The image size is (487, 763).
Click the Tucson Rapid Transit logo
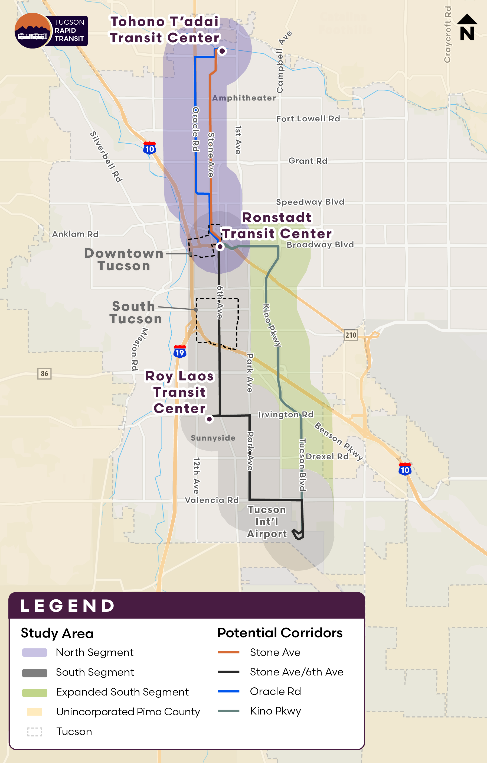point(51,31)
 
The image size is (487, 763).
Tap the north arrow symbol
point(467,28)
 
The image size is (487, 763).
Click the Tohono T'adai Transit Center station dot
point(222,51)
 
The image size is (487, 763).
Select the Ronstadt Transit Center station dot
point(220,246)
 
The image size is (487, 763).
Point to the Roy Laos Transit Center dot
point(209,419)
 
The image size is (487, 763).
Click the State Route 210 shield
point(351,335)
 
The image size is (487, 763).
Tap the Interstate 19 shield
point(179,352)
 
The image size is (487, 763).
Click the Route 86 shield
point(44,374)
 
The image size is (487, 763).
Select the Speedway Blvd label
point(310,202)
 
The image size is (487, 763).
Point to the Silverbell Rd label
point(106,157)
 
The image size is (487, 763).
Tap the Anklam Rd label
point(75,234)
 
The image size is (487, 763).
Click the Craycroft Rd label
point(447,34)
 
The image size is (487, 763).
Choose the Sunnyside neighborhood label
point(213,438)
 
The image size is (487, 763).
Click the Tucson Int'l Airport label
point(267,522)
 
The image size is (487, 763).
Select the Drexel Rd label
point(327,456)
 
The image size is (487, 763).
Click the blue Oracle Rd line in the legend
point(229,691)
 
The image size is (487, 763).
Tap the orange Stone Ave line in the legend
point(229,652)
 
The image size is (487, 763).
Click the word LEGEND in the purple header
point(67,606)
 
